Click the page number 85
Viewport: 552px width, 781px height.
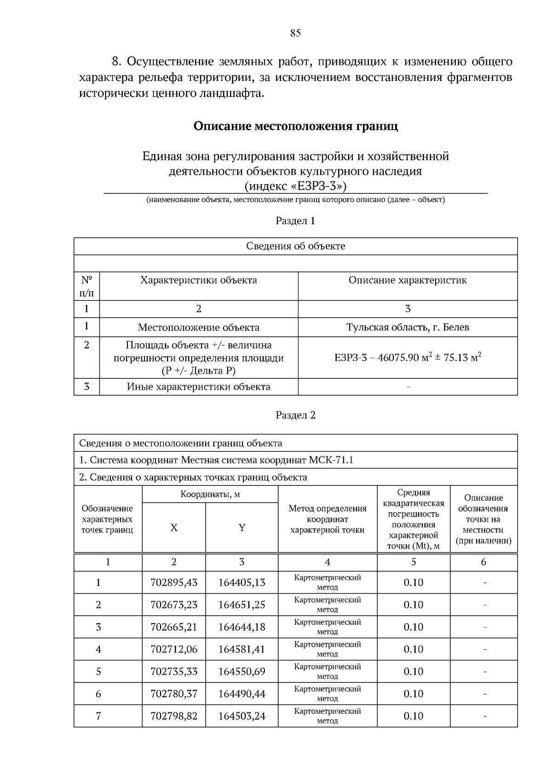[295, 33]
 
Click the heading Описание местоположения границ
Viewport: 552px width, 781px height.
[295, 126]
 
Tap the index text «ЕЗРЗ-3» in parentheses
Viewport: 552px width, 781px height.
[295, 186]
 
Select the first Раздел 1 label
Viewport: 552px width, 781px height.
[295, 221]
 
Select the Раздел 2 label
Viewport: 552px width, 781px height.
[295, 415]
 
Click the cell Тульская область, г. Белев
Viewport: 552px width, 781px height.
[408, 327]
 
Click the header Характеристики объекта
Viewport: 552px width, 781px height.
[198, 280]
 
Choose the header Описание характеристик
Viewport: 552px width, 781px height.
[408, 280]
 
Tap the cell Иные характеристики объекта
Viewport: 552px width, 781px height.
[198, 387]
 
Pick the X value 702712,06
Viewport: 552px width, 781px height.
[173, 649]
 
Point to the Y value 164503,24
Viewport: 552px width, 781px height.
[241, 716]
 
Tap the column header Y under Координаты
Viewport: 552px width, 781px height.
[241, 528]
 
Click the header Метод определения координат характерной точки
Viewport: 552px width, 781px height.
[327, 519]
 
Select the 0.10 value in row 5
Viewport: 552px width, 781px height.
[413, 671]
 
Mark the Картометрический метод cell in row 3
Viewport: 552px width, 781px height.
[327, 627]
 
